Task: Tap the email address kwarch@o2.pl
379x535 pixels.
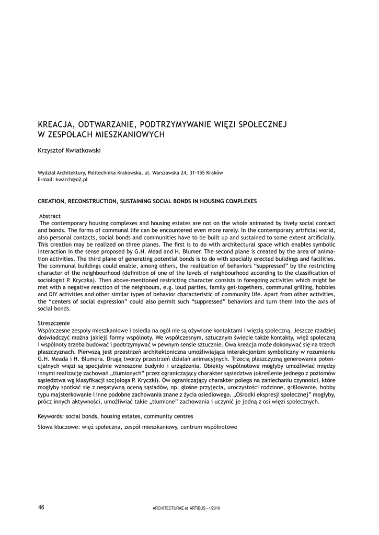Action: [x=70, y=179]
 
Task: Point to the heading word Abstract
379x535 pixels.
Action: [x=50, y=216]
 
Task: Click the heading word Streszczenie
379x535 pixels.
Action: [x=54, y=324]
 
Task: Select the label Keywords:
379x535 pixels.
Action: [x=52, y=416]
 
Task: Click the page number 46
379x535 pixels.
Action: [x=41, y=507]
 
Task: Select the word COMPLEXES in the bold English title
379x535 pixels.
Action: [x=238, y=201]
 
